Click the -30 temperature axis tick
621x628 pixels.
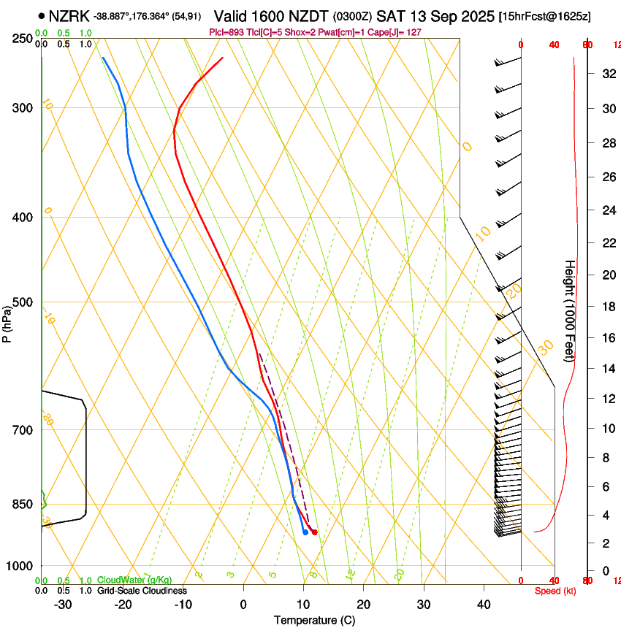(63, 605)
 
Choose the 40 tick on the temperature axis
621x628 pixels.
(483, 605)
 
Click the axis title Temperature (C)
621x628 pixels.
(314, 620)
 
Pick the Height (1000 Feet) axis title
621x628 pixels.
(571, 310)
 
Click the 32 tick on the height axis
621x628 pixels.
(607, 73)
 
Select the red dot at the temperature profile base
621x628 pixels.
(315, 532)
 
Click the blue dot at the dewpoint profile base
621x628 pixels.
(305, 532)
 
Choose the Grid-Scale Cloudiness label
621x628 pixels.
(142, 591)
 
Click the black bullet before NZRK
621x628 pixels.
(42, 15)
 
